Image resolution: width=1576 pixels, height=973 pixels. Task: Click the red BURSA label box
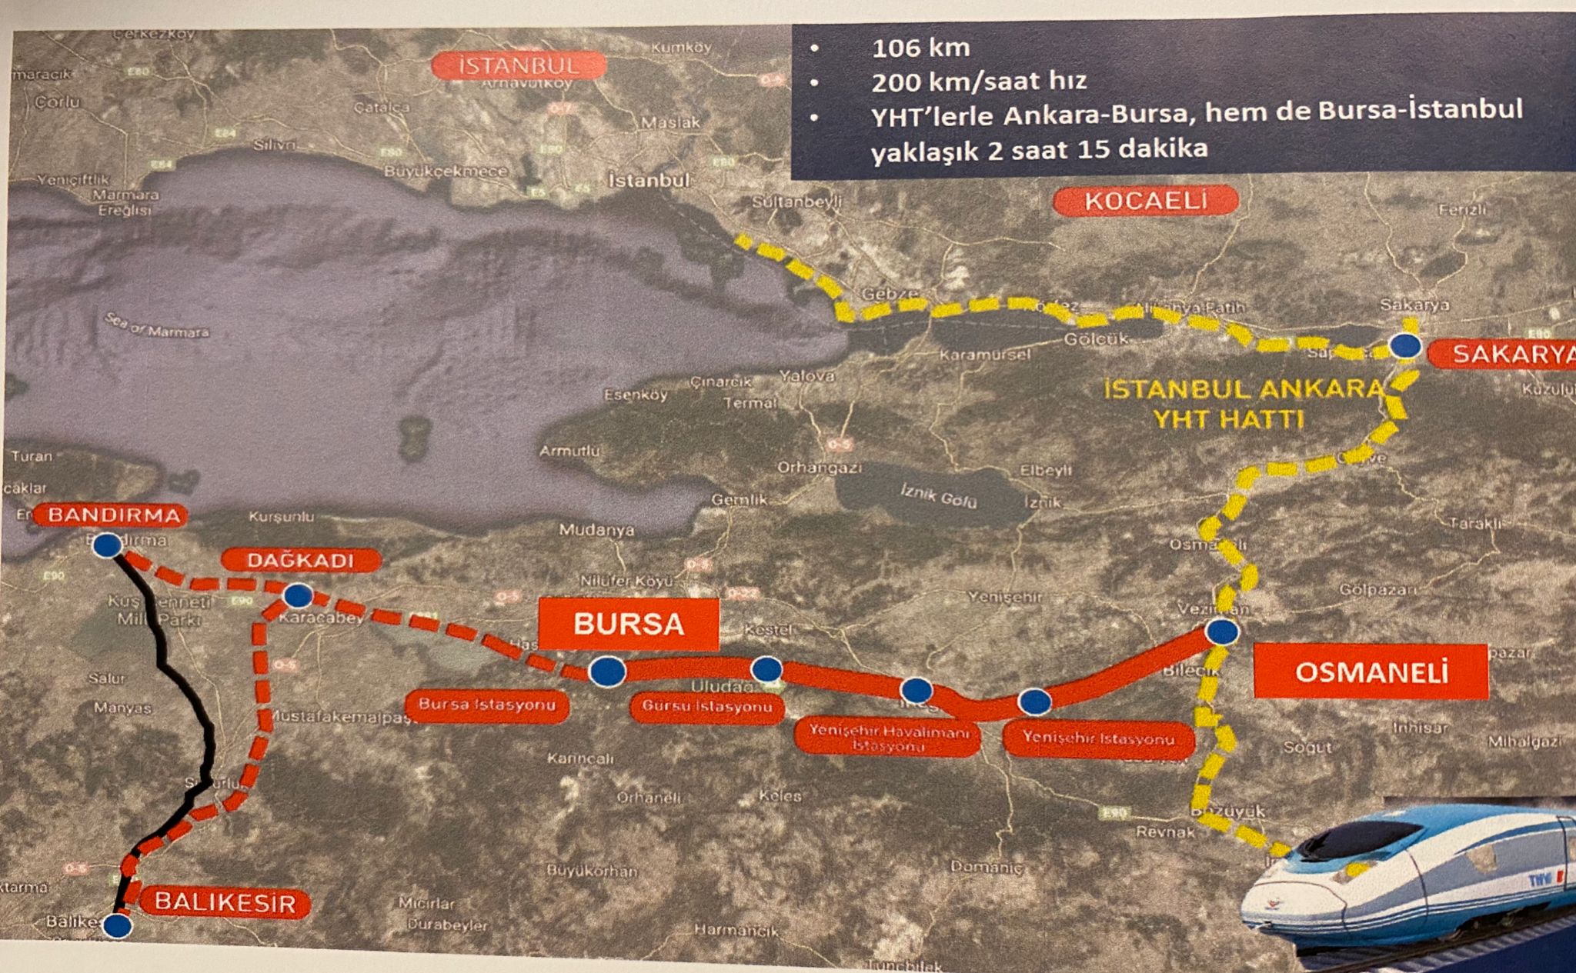(x=628, y=624)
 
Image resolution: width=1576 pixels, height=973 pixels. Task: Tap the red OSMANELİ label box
(x=1371, y=671)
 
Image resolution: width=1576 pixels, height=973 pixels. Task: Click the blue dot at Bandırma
(x=108, y=545)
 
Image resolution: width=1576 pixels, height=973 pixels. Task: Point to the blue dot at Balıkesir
(x=117, y=925)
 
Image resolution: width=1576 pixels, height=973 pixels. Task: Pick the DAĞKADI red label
(x=301, y=560)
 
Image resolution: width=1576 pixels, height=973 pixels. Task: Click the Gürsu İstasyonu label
(x=706, y=707)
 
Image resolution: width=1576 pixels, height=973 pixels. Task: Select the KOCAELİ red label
(x=1145, y=202)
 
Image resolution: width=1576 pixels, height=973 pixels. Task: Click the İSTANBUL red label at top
(x=517, y=65)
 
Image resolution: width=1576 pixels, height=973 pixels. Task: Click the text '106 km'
(x=920, y=48)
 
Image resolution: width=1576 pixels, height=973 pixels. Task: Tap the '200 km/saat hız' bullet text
(x=979, y=81)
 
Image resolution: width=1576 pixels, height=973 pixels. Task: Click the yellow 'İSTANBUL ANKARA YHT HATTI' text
(x=1244, y=403)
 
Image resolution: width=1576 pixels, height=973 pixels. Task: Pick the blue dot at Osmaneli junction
(x=1221, y=631)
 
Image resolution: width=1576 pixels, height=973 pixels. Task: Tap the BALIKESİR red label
(x=225, y=901)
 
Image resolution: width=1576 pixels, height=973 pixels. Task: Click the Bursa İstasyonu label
(x=486, y=705)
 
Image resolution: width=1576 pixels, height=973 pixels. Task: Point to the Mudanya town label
(x=596, y=530)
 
